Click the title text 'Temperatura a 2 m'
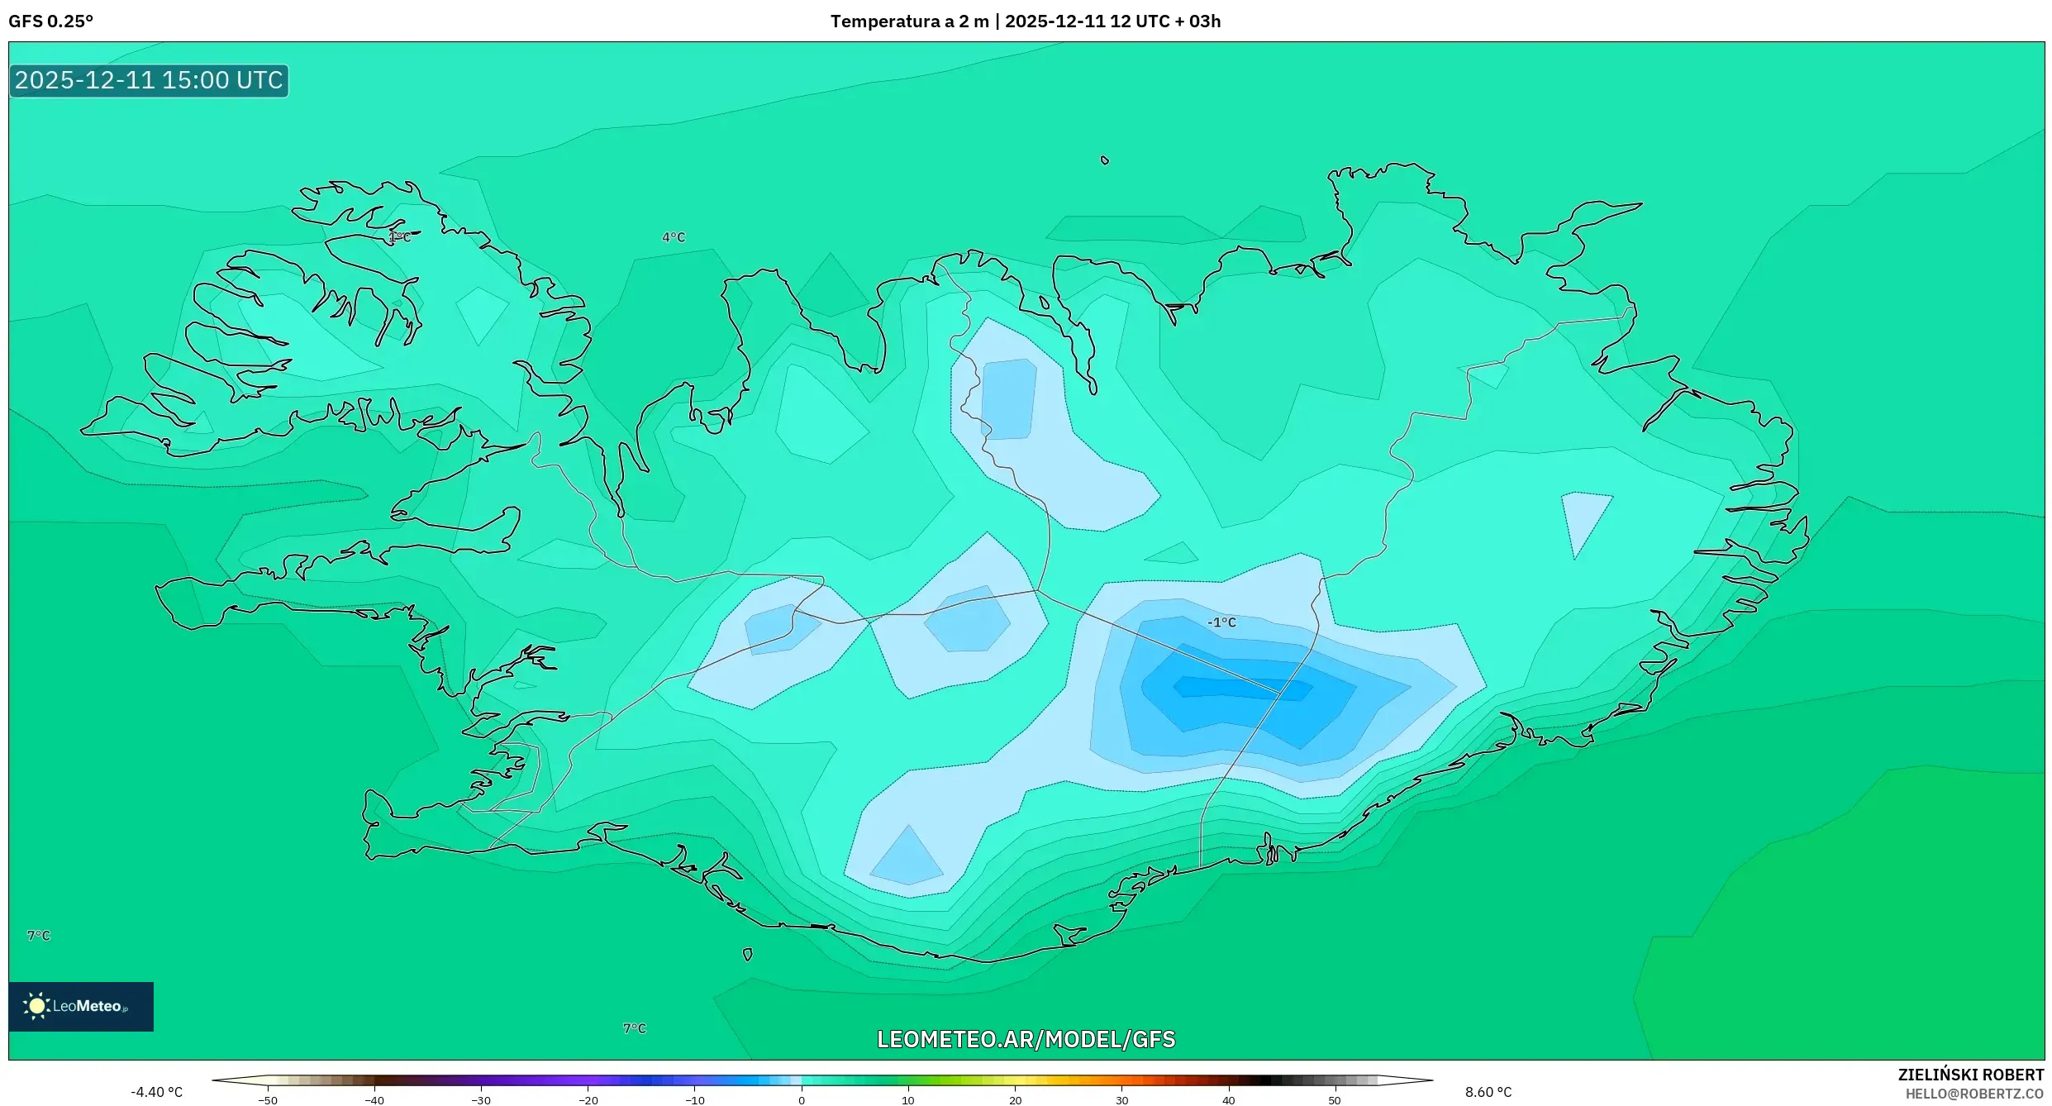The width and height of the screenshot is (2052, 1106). click(x=909, y=21)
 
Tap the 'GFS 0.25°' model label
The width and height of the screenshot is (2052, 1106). click(x=51, y=21)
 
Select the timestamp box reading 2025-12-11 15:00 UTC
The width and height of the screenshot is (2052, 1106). click(x=149, y=81)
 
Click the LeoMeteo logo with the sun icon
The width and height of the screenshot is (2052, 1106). click(x=80, y=1006)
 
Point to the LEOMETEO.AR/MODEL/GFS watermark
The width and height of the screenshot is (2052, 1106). click(x=1026, y=1039)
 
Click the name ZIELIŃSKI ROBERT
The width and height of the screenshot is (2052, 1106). click(x=1970, y=1075)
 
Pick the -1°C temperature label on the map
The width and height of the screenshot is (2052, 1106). click(x=1221, y=622)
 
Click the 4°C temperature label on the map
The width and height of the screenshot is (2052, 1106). click(x=674, y=237)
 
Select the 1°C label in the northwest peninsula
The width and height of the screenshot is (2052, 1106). click(x=399, y=237)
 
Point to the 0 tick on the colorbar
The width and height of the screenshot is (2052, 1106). click(x=802, y=1100)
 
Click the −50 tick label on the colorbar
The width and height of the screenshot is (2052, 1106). click(x=267, y=1100)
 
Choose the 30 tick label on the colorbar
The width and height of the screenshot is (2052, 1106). click(x=1121, y=1100)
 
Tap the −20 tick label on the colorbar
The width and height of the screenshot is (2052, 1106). click(x=588, y=1100)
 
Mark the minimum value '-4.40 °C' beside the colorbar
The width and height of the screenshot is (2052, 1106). click(x=156, y=1093)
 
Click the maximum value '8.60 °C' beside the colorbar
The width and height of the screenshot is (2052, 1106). click(x=1488, y=1093)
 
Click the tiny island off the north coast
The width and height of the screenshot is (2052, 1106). click(x=1105, y=160)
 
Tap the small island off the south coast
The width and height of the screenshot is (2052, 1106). click(x=747, y=955)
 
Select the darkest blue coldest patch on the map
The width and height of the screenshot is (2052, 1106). click(x=1240, y=689)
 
